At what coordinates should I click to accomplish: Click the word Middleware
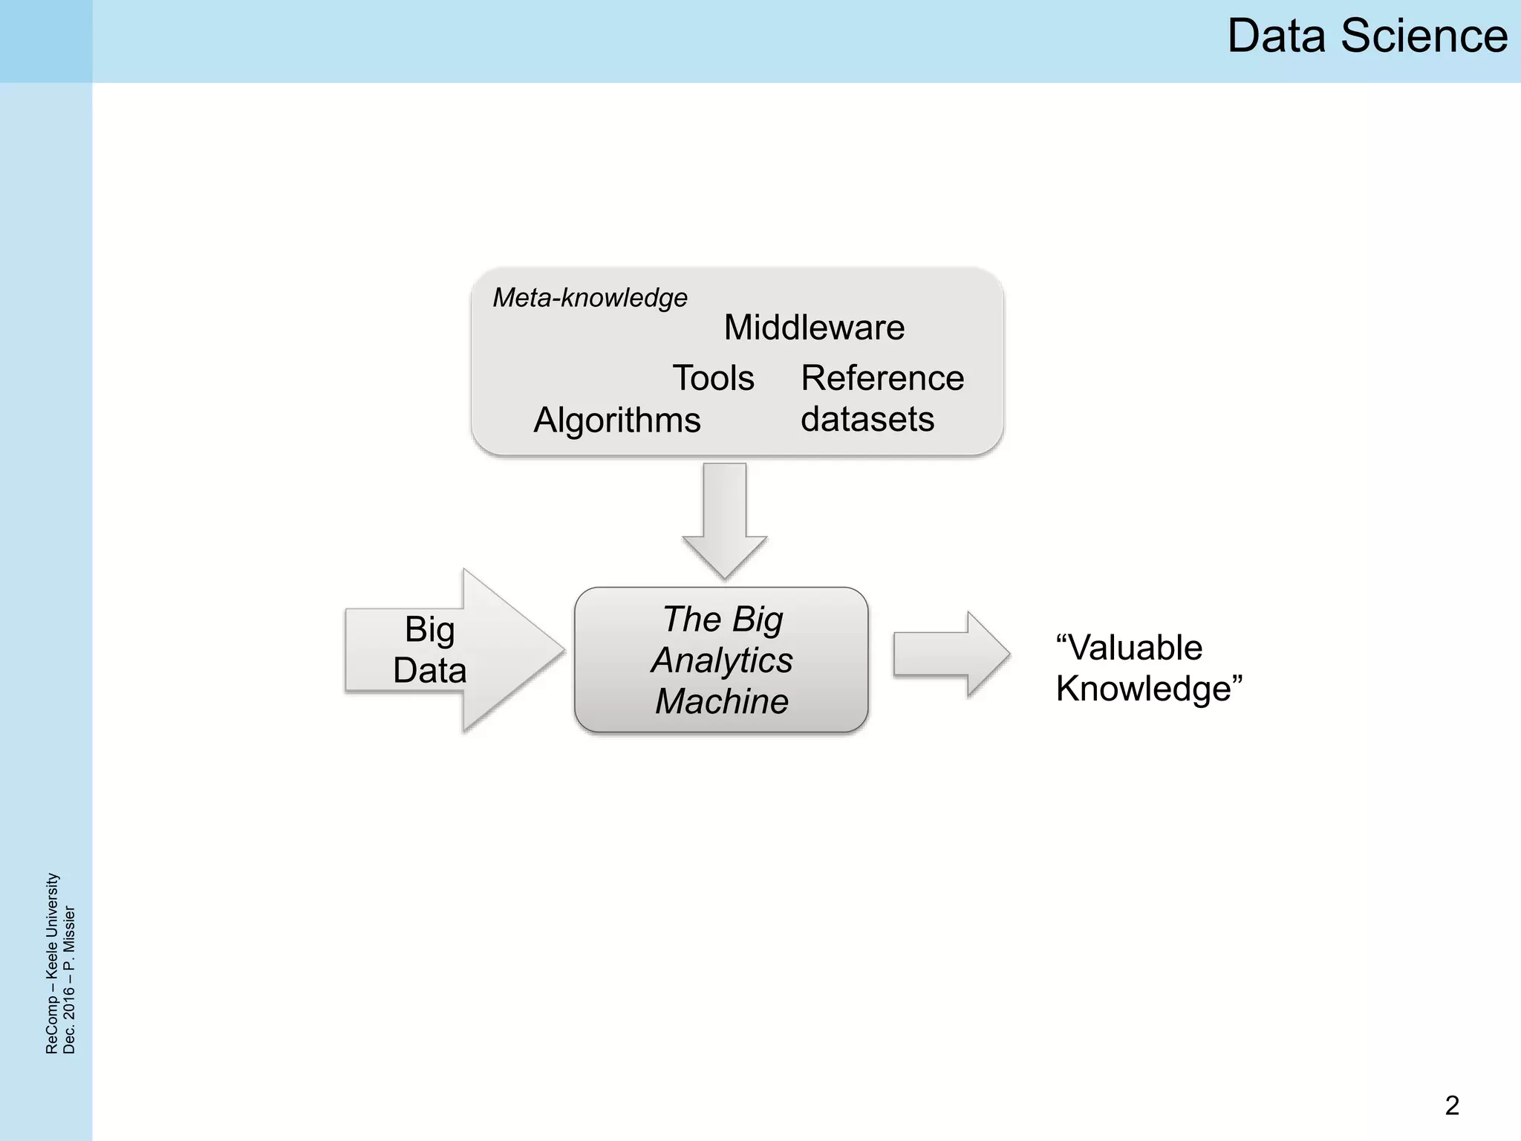coord(814,328)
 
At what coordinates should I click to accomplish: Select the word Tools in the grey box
coord(713,378)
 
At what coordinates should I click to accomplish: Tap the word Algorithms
coord(616,420)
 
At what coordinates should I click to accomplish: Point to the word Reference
coord(882,378)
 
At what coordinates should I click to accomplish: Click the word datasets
coord(867,419)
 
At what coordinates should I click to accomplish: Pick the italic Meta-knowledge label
coord(590,298)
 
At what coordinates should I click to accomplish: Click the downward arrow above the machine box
coord(724,520)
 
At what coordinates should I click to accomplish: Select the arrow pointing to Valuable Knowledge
coord(951,654)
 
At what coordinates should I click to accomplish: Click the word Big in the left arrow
coord(429,629)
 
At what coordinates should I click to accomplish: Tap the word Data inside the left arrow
coord(429,670)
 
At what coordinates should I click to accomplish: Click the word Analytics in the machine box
coord(722,660)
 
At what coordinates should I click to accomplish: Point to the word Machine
coord(722,701)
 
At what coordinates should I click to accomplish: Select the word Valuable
coord(1129,648)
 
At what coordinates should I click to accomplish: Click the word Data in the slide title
coord(1275,36)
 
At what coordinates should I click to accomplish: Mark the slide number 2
coord(1452,1105)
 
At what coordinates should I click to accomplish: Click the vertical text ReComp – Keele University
coord(52,963)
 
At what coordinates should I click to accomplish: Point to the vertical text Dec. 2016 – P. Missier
coord(69,979)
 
